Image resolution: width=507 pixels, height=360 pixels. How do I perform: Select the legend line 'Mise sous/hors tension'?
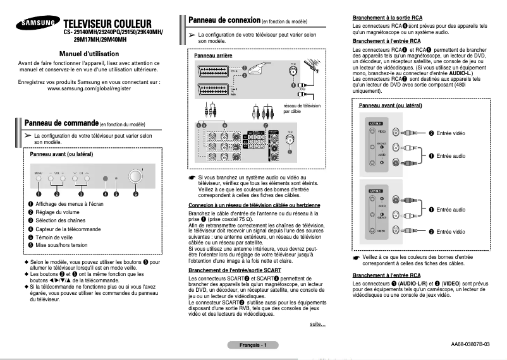point(61,244)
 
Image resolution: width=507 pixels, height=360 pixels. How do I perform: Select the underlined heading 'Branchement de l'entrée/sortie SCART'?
point(241,270)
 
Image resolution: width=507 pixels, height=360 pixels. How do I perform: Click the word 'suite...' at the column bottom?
point(317,324)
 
